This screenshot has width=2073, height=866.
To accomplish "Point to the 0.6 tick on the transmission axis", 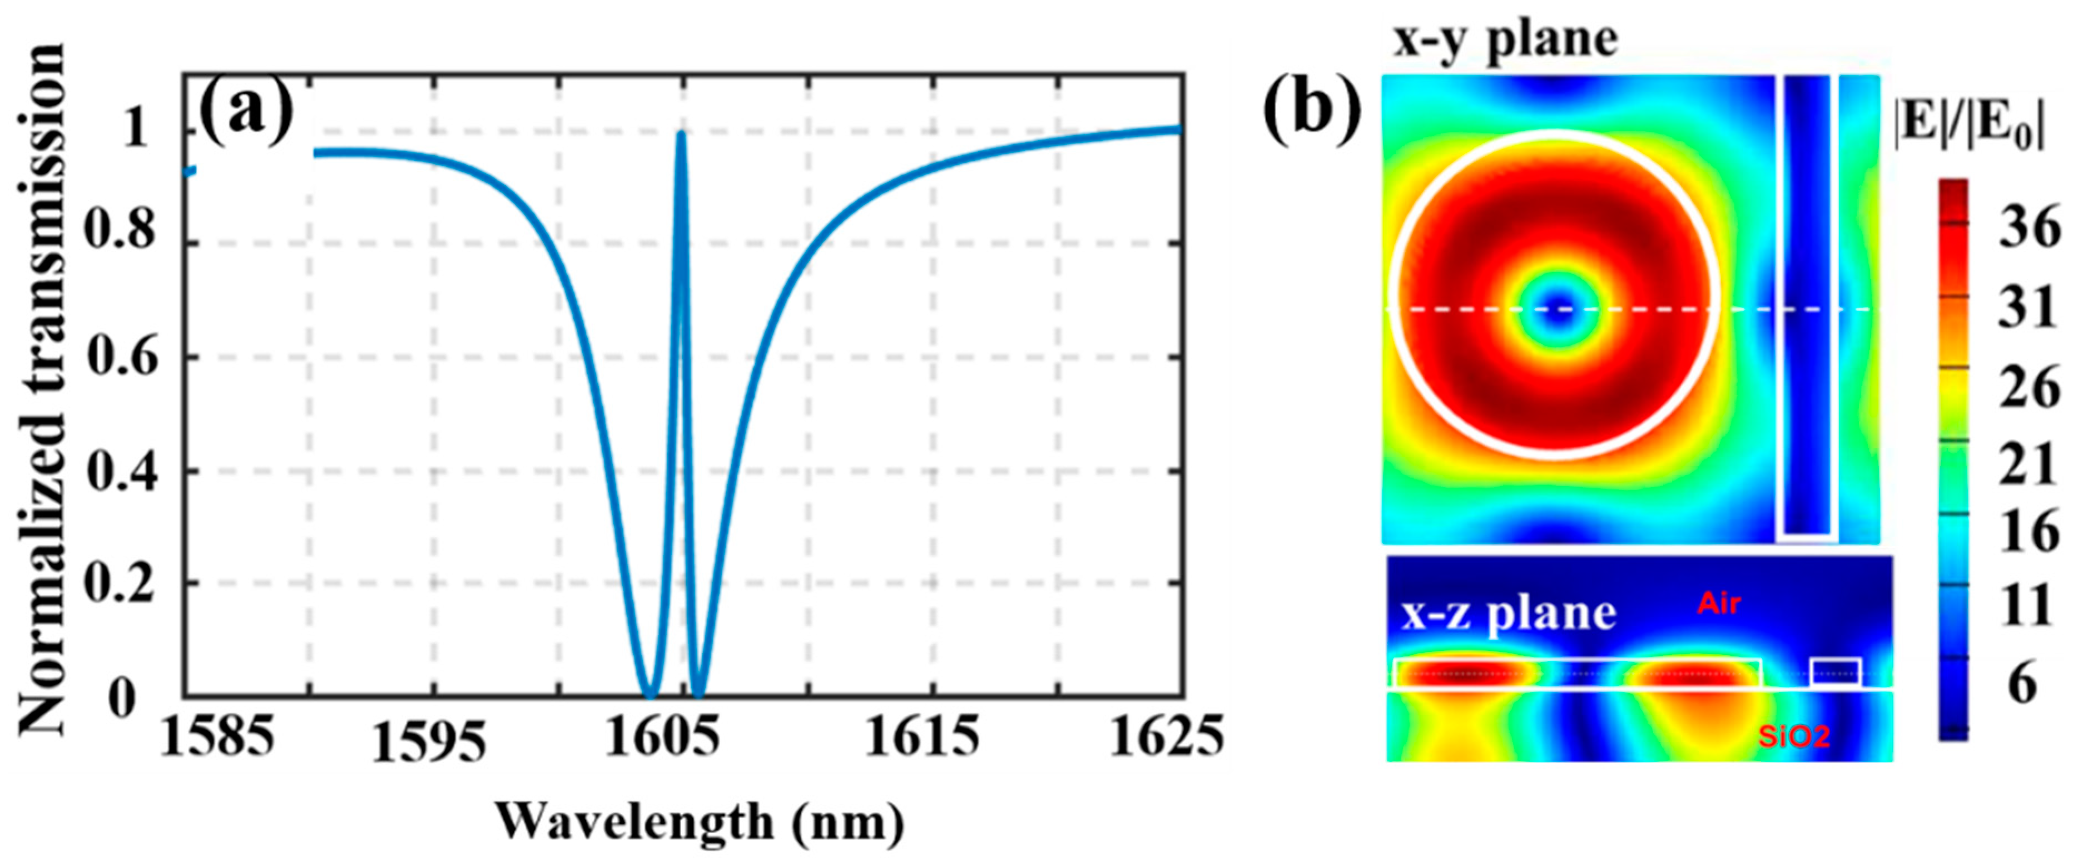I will coord(123,357).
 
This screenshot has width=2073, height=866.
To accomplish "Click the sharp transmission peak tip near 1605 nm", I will coord(681,135).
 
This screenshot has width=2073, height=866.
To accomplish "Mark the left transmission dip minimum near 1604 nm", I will coord(650,694).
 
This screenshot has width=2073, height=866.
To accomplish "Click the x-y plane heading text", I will coord(1505,40).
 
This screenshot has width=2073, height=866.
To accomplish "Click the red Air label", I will coord(1720,603).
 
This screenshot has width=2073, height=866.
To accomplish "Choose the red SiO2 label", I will coord(1794,736).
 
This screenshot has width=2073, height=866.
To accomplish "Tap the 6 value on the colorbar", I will coord(2024,685).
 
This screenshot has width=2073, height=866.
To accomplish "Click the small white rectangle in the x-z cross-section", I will coord(1836,672).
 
